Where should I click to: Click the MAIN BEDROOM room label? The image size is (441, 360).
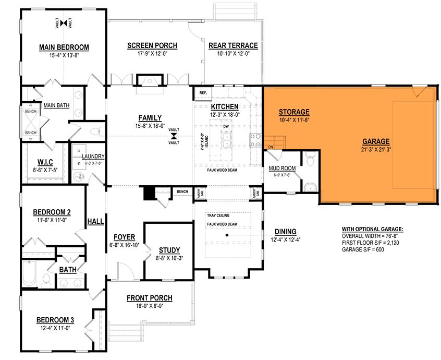64,47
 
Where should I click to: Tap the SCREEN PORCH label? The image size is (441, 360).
152,46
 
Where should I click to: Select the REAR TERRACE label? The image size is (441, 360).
233,46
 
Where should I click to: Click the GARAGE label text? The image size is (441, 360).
376,141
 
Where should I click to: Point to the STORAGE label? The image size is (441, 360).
294,112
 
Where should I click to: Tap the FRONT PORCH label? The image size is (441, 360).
149,298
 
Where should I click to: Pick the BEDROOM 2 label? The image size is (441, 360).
52,212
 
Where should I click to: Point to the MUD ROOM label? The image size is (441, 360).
281,169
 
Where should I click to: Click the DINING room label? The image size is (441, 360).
284,232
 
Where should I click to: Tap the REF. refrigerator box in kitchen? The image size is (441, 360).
202,93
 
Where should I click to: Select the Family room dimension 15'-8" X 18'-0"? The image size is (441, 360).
150,126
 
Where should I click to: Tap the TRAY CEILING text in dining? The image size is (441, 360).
218,215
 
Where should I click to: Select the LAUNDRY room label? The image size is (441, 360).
93,156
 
